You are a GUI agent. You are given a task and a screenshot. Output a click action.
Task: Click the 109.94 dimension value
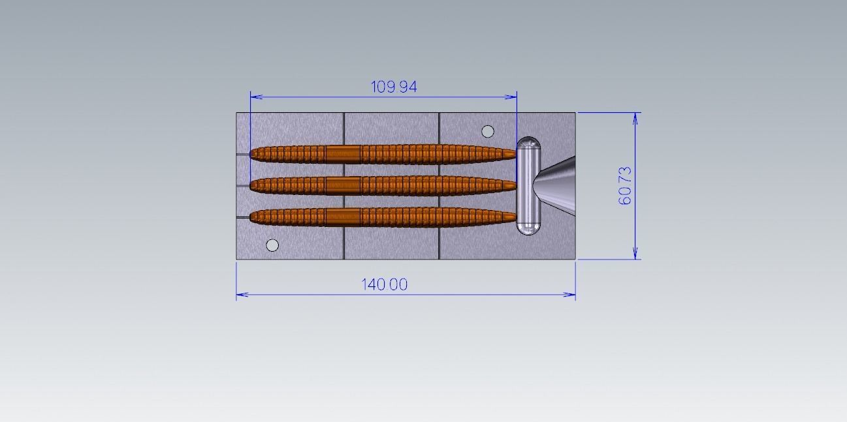[x=394, y=86]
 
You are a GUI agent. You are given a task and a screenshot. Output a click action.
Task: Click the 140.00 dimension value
[x=385, y=284]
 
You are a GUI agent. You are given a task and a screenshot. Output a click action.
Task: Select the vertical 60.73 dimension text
[x=625, y=186]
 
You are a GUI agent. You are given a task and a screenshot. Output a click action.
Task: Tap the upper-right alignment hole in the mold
[x=487, y=132]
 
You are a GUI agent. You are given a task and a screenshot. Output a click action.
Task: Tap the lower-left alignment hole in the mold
[x=272, y=245]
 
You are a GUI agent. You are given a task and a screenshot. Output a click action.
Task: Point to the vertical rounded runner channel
[x=528, y=186]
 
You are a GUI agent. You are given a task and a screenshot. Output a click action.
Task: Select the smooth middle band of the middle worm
[x=343, y=185]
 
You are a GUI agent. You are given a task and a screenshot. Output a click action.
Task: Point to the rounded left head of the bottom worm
[x=254, y=217]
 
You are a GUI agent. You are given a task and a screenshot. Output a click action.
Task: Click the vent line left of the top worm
[x=242, y=155]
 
